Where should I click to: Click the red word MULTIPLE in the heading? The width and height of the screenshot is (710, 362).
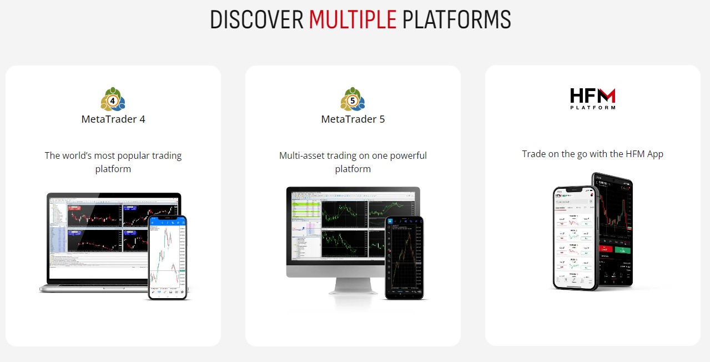[353, 19]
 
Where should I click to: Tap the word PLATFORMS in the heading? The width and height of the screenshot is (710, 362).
[456, 19]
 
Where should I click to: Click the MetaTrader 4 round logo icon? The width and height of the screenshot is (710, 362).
[113, 99]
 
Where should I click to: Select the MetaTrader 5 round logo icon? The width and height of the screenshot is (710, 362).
[353, 99]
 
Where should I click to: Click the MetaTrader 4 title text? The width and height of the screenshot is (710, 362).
[113, 119]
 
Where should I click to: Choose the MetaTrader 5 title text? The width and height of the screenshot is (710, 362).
[353, 119]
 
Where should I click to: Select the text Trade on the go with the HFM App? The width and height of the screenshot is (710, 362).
[592, 154]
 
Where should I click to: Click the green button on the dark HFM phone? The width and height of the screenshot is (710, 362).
[622, 250]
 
